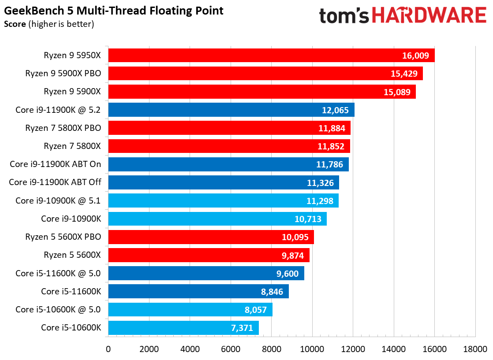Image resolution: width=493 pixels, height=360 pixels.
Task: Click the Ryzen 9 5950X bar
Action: (x=271, y=55)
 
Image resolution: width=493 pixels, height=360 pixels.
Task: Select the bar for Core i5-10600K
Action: (x=183, y=328)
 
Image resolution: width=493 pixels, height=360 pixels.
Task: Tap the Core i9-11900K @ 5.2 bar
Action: (x=232, y=110)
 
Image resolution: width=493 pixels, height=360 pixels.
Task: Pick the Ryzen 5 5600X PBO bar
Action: (x=211, y=237)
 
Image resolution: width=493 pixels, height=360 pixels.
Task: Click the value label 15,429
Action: (x=404, y=74)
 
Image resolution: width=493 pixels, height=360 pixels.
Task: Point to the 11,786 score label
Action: (x=329, y=165)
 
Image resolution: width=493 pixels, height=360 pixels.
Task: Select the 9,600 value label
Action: (x=288, y=274)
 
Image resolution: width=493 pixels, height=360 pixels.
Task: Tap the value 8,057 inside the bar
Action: (x=256, y=310)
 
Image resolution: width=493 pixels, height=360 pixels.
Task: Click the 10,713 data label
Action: (x=308, y=219)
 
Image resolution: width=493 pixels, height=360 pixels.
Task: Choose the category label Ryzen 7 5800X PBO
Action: (x=63, y=128)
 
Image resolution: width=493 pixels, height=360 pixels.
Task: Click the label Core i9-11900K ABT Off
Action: (x=55, y=182)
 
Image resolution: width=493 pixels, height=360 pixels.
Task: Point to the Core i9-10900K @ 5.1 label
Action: (x=58, y=200)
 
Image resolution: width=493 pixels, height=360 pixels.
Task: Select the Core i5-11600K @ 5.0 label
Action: (x=58, y=273)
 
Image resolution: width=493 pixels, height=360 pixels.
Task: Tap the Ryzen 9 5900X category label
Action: (x=72, y=91)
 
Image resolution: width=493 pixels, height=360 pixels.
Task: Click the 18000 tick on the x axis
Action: (x=475, y=349)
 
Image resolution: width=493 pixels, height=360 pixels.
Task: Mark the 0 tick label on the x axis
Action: (x=108, y=349)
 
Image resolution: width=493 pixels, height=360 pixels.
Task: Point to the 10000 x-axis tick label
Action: (x=312, y=349)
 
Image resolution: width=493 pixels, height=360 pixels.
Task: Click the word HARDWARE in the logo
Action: (x=430, y=15)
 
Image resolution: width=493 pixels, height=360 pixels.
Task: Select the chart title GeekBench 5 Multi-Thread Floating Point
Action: (x=113, y=11)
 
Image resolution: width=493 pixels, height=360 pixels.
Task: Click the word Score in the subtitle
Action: (x=15, y=24)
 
